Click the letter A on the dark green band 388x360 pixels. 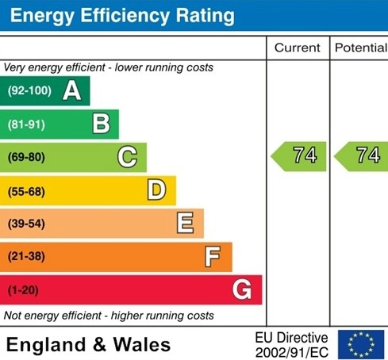[72, 90]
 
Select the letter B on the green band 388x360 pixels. [102, 124]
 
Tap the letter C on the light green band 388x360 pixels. [128, 157]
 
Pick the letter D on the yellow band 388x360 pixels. [157, 190]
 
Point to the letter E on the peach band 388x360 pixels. [185, 223]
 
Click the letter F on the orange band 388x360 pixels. [213, 256]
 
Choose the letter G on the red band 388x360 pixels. [242, 289]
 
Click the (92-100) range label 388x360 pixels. [29, 90]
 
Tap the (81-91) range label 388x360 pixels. [26, 124]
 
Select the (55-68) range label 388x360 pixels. [26, 191]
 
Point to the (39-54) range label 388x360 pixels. [26, 224]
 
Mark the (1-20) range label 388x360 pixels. [23, 290]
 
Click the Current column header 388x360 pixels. [298, 48]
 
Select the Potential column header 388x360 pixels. [361, 48]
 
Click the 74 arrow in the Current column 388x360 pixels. [298, 156]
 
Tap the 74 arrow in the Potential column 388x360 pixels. [361, 156]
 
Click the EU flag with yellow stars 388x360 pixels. [361, 344]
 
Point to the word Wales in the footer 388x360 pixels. [142, 345]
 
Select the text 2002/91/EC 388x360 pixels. [292, 352]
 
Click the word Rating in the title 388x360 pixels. [205, 16]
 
